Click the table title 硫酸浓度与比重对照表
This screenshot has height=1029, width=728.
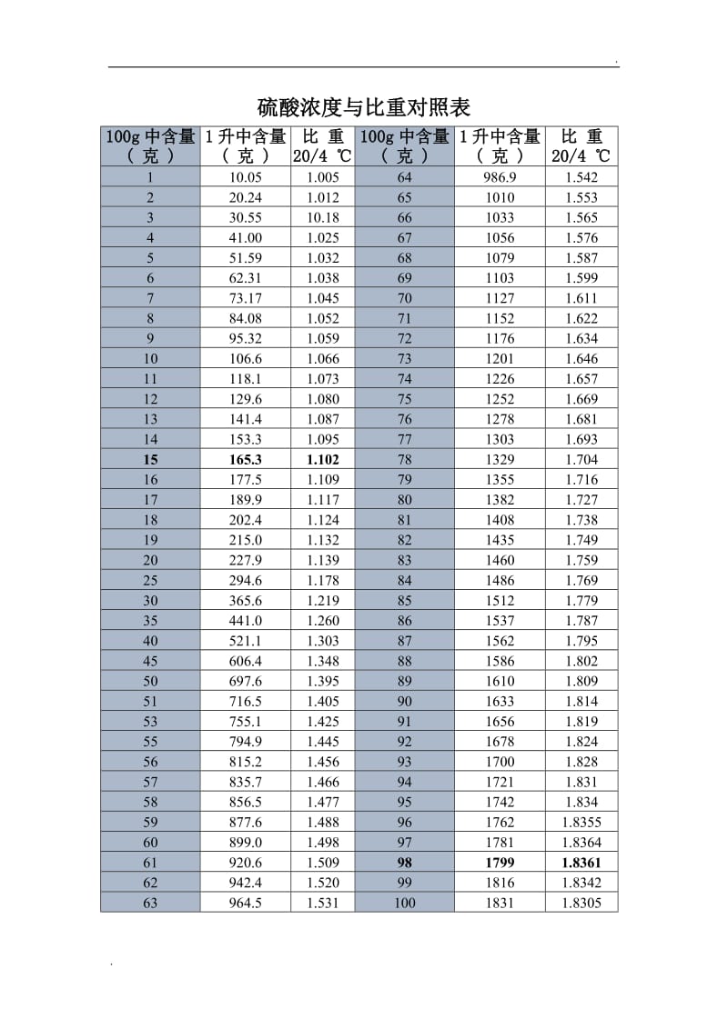tap(363, 108)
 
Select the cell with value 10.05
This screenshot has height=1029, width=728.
tap(246, 177)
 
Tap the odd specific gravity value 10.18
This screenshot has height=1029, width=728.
tap(323, 217)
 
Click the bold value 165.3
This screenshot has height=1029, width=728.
tap(246, 459)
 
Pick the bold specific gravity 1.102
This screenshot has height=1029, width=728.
tap(323, 459)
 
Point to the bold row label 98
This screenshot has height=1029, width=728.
tap(405, 863)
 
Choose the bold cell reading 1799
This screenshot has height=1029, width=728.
tap(500, 863)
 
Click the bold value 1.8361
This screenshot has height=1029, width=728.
tap(581, 863)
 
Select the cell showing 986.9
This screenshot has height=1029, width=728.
tap(500, 177)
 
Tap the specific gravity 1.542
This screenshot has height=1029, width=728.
tap(581, 177)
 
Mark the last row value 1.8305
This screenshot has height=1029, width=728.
tap(581, 903)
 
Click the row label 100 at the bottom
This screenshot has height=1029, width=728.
tap(405, 903)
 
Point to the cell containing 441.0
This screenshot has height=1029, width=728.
tap(246, 621)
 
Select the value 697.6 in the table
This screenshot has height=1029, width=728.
tap(246, 681)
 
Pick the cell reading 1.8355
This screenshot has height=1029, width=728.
tap(581, 823)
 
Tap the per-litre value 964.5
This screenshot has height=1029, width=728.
tap(246, 903)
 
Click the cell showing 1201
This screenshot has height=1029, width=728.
tap(500, 359)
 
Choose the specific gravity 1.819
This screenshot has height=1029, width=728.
tap(581, 722)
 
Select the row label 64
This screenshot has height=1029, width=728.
tap(405, 177)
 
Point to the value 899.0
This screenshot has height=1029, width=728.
tap(246, 843)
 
